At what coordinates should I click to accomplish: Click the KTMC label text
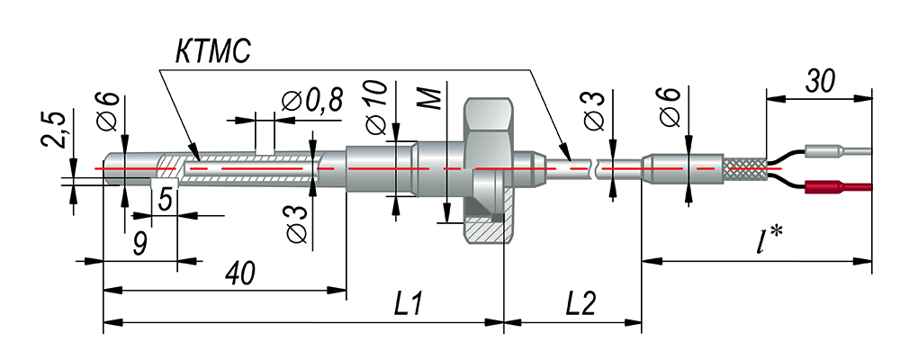[x=213, y=52]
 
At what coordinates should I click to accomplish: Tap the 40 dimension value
[x=239, y=274]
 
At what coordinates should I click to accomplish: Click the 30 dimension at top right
[x=820, y=82]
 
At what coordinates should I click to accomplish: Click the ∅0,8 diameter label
[x=312, y=102]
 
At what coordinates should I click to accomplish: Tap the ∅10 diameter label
[x=376, y=107]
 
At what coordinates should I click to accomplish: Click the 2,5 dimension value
[x=55, y=130]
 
